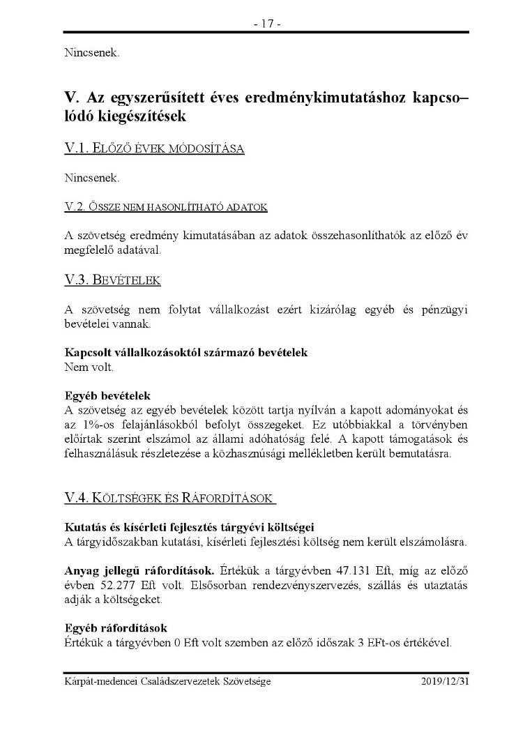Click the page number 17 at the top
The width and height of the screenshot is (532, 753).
[x=266, y=24]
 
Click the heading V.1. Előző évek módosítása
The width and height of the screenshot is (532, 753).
[x=154, y=149]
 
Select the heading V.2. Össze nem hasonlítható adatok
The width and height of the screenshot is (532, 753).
[x=165, y=207]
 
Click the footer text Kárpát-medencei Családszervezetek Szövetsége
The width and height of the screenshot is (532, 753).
[x=167, y=681]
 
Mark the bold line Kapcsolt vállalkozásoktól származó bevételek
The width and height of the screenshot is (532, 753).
[x=185, y=353]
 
